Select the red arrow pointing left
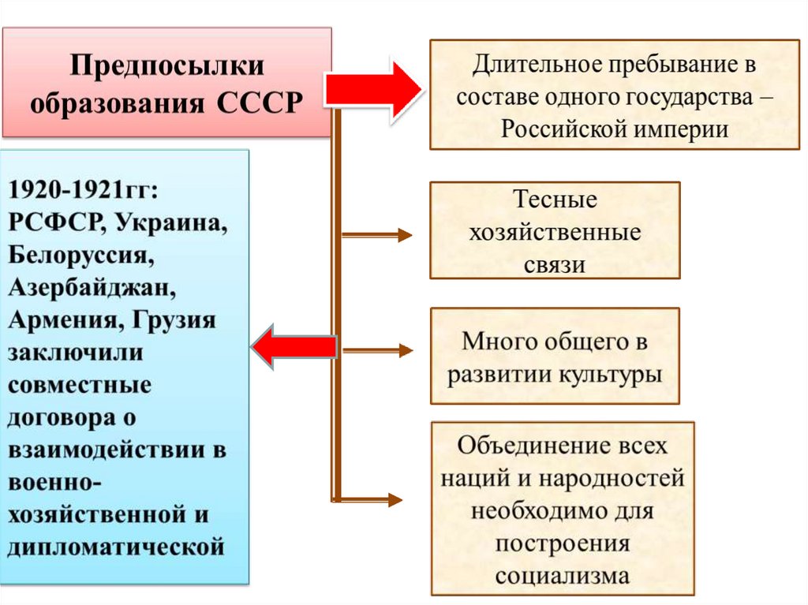(294, 347)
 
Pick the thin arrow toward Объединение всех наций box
(371, 499)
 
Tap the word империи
(679, 129)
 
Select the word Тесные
(555, 200)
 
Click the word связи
(555, 264)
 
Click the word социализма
(563, 575)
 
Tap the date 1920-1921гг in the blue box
(83, 190)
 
